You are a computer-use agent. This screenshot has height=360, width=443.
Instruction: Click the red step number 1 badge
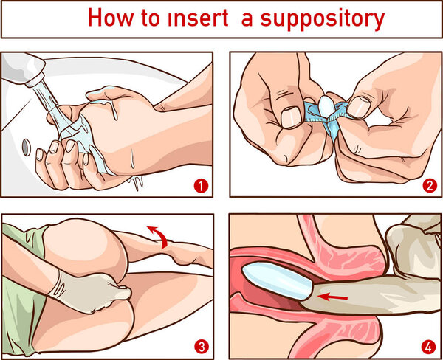click(198, 185)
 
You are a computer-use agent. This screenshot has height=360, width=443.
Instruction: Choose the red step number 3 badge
click(198, 344)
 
